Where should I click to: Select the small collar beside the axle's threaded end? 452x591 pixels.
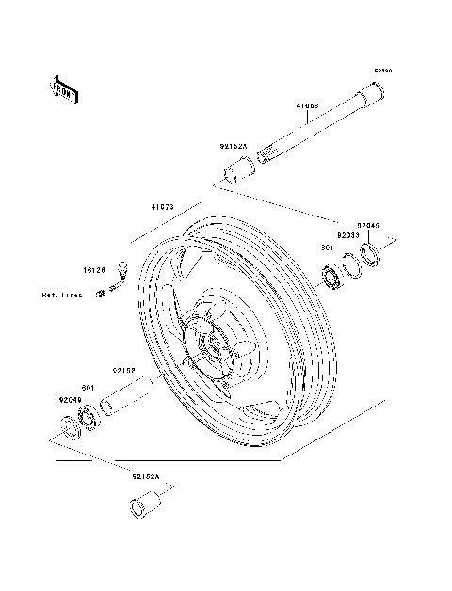point(237,171)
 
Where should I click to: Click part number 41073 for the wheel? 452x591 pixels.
point(163,207)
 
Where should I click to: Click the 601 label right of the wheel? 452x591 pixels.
point(326,248)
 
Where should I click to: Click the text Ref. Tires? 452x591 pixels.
point(63,295)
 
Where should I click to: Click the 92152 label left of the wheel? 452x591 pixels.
point(125,371)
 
